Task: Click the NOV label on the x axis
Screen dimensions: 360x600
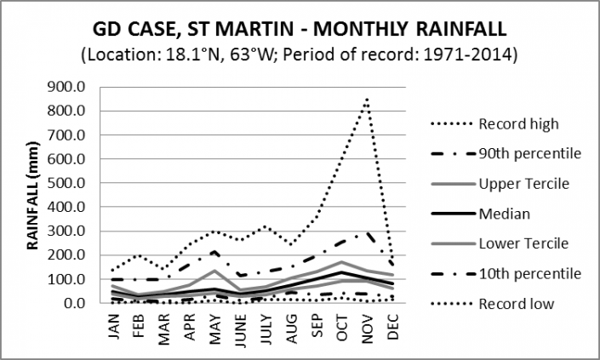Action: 368,324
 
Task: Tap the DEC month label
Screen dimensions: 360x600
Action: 393,324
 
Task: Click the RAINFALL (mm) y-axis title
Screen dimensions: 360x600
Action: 35,194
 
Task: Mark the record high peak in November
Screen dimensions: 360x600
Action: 367,99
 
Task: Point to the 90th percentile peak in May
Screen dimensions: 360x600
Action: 216,251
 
